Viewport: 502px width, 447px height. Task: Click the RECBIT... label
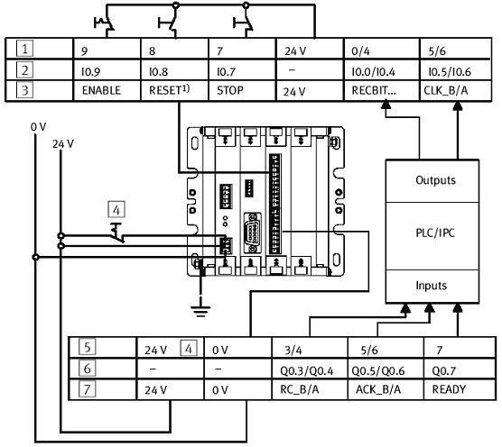point(374,90)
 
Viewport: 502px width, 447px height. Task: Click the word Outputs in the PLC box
point(435,180)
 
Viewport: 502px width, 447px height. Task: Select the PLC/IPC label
point(435,233)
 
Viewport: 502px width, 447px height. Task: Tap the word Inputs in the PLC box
point(431,286)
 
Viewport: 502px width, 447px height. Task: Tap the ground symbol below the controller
point(200,311)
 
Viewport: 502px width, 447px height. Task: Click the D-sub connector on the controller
point(253,233)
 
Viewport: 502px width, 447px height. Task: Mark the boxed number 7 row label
point(87,389)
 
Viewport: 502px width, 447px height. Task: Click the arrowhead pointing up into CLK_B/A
point(458,106)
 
